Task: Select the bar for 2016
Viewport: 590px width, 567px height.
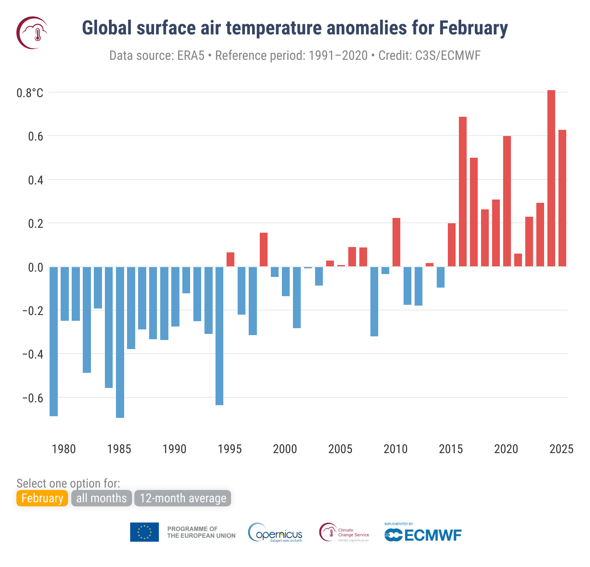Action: click(x=463, y=192)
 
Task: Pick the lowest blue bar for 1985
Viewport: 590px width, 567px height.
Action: click(x=120, y=342)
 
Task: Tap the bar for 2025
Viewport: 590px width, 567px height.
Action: click(x=562, y=198)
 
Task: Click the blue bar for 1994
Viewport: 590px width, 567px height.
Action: click(x=219, y=336)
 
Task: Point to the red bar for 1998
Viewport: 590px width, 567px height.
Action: click(x=263, y=249)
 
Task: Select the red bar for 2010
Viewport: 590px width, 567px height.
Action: click(x=396, y=242)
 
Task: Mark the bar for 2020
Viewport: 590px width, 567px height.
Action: click(x=507, y=201)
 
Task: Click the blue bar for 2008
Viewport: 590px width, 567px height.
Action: click(x=374, y=302)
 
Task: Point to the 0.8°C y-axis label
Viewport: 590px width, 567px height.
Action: click(x=29, y=93)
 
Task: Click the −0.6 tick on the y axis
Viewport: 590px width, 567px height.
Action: click(x=32, y=398)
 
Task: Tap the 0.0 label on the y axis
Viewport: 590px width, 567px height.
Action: click(x=35, y=268)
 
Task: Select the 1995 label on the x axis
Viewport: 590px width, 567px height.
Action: click(x=229, y=449)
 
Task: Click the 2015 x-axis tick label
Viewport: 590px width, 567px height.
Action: click(x=451, y=449)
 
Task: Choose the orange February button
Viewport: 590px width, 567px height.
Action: click(x=42, y=498)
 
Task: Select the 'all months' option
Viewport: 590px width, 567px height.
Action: click(x=101, y=498)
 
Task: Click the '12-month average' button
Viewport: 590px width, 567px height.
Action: click(x=183, y=498)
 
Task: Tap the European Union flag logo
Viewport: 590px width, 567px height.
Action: click(x=144, y=532)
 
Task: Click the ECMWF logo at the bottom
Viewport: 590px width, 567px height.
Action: click(x=423, y=534)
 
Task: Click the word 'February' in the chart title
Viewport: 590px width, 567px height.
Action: click(x=473, y=28)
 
